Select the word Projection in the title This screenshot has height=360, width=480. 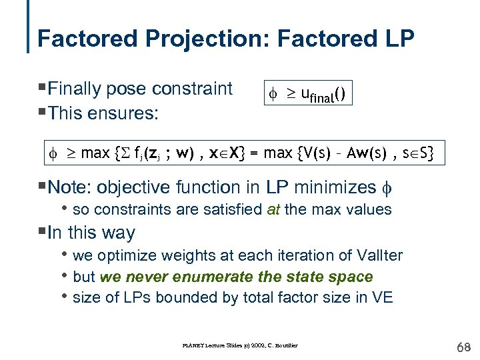198,38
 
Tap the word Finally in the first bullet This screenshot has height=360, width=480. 75,89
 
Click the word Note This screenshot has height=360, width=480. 69,187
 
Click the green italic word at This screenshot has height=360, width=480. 273,209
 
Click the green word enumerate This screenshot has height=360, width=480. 219,276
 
